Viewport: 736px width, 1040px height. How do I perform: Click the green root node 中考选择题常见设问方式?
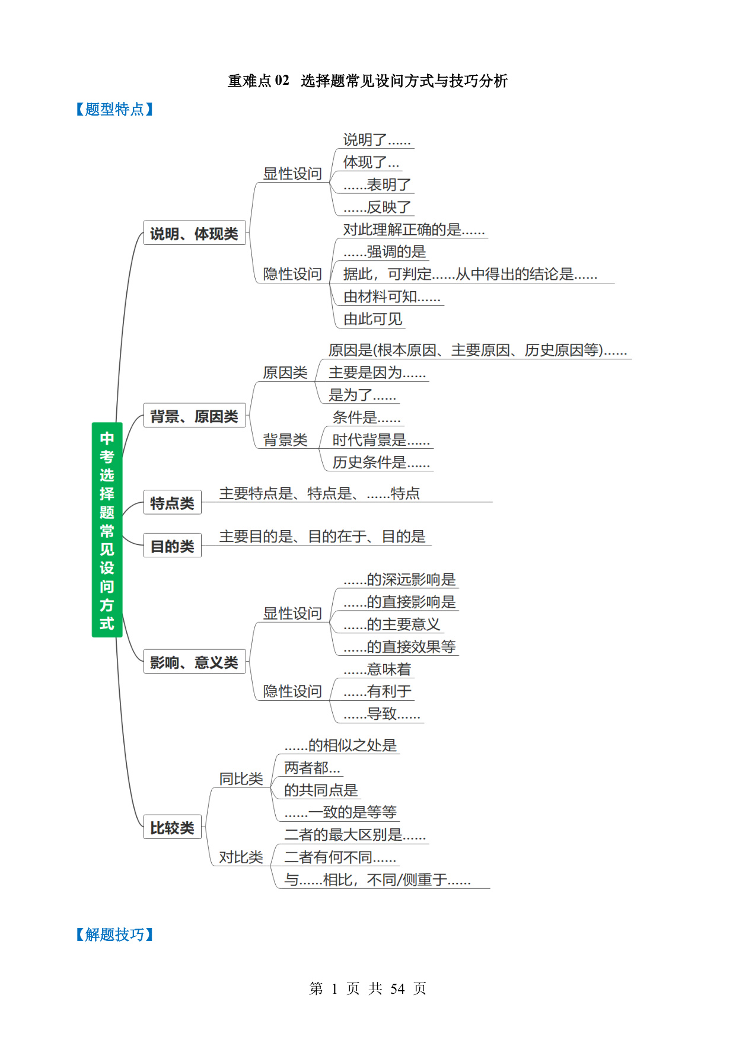107,529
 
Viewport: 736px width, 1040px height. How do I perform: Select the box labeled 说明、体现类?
195,233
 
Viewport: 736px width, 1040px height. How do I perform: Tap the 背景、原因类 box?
195,416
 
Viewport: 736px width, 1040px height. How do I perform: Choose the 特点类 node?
173,502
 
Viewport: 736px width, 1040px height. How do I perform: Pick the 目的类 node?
173,545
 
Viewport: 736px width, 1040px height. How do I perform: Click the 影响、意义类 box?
195,662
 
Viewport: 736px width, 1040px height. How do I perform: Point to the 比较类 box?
173,827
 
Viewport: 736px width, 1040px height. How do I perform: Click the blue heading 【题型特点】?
114,109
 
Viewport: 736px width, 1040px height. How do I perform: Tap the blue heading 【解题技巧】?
114,934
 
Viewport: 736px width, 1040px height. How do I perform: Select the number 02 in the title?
282,81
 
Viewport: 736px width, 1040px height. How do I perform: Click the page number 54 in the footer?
397,988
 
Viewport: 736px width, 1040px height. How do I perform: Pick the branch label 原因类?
285,372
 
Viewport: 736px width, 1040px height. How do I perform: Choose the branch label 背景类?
285,439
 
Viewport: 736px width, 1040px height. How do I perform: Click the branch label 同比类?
241,779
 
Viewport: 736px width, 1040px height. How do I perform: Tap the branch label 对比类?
241,857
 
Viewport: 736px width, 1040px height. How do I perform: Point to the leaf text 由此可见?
373,318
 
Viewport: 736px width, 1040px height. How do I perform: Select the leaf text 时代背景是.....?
369,439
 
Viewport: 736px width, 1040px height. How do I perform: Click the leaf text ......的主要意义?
392,624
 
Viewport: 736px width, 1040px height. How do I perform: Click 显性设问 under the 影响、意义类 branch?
292,613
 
